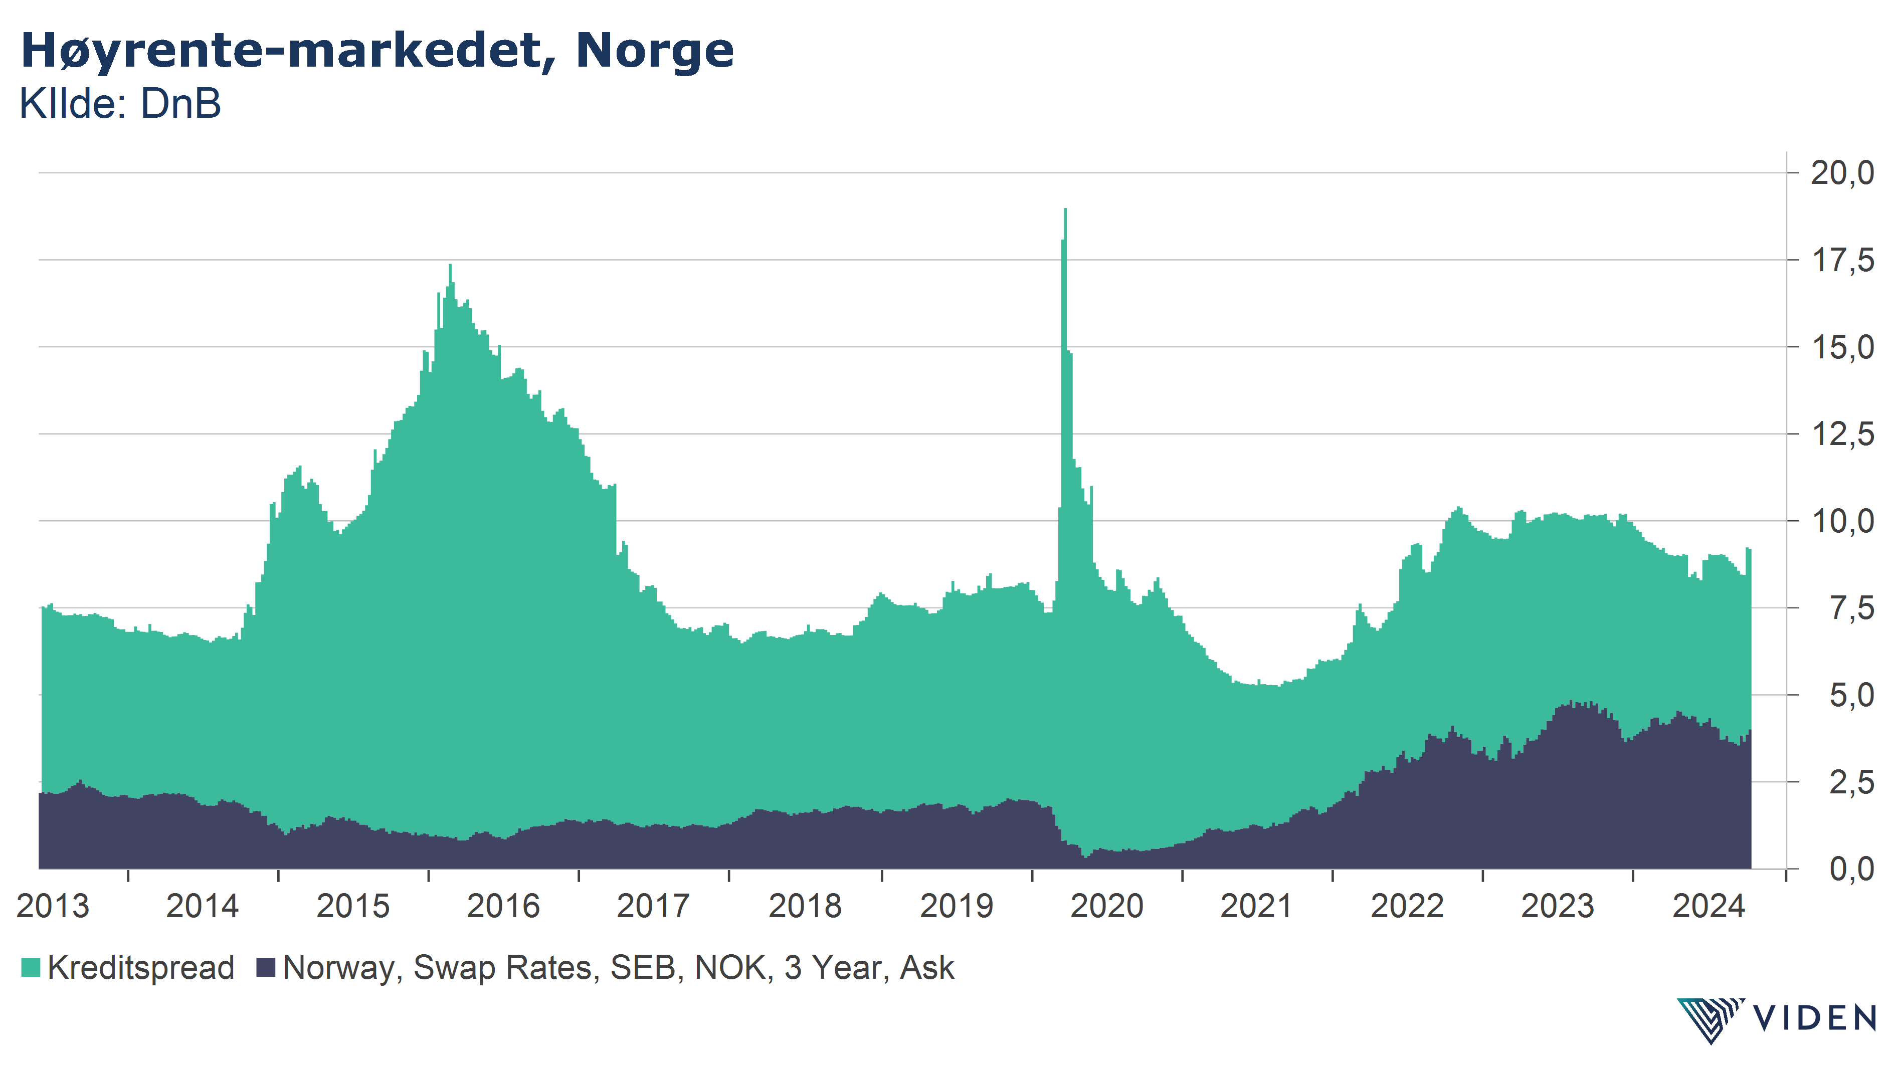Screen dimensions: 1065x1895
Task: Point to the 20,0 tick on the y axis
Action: [x=1842, y=173]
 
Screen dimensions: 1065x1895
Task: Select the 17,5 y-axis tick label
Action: [x=1842, y=261]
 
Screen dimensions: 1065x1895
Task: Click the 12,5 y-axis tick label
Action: [x=1842, y=434]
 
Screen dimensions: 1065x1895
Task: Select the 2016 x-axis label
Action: [x=503, y=906]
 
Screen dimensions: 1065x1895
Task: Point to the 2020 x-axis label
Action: [x=1106, y=906]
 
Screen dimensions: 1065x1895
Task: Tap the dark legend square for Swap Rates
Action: [x=266, y=967]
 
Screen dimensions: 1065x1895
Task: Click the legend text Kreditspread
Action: [x=140, y=967]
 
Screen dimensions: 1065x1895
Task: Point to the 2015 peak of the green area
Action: [x=450, y=266]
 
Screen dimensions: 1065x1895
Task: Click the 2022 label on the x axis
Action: [x=1407, y=906]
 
